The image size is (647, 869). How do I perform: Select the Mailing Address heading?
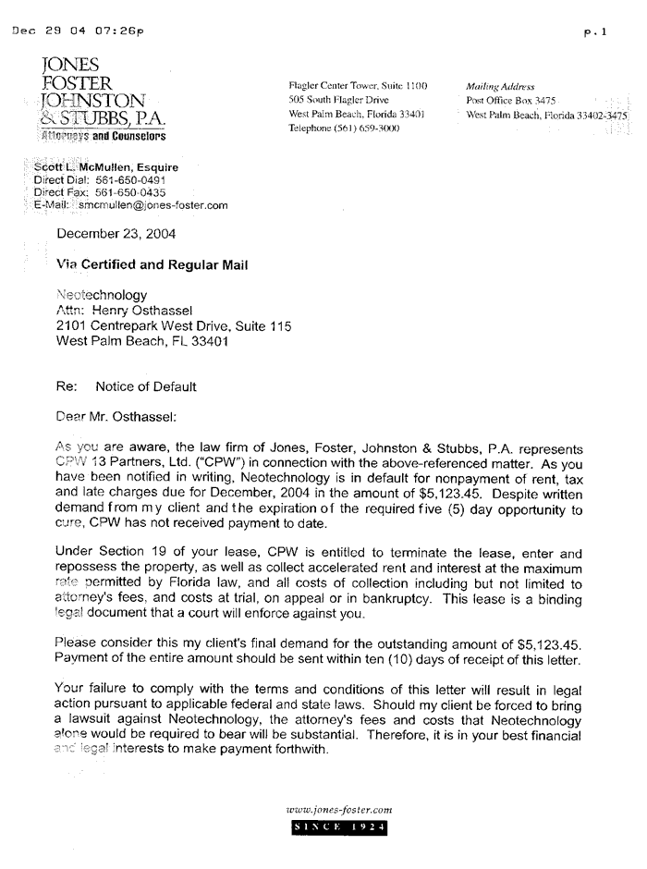(500, 85)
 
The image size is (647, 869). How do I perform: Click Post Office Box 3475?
(511, 100)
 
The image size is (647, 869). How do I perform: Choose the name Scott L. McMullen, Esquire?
(105, 167)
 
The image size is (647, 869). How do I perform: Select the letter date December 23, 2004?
(116, 234)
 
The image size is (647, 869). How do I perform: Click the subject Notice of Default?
(149, 386)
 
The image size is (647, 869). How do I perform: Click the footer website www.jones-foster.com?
(340, 811)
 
